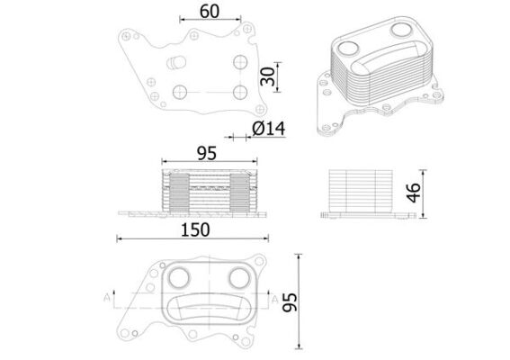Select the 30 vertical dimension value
click(267, 77)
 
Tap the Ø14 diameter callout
click(269, 129)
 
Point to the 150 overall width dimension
click(194, 229)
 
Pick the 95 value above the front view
click(207, 153)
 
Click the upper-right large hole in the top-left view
click(238, 62)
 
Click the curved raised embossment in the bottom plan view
click(209, 309)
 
